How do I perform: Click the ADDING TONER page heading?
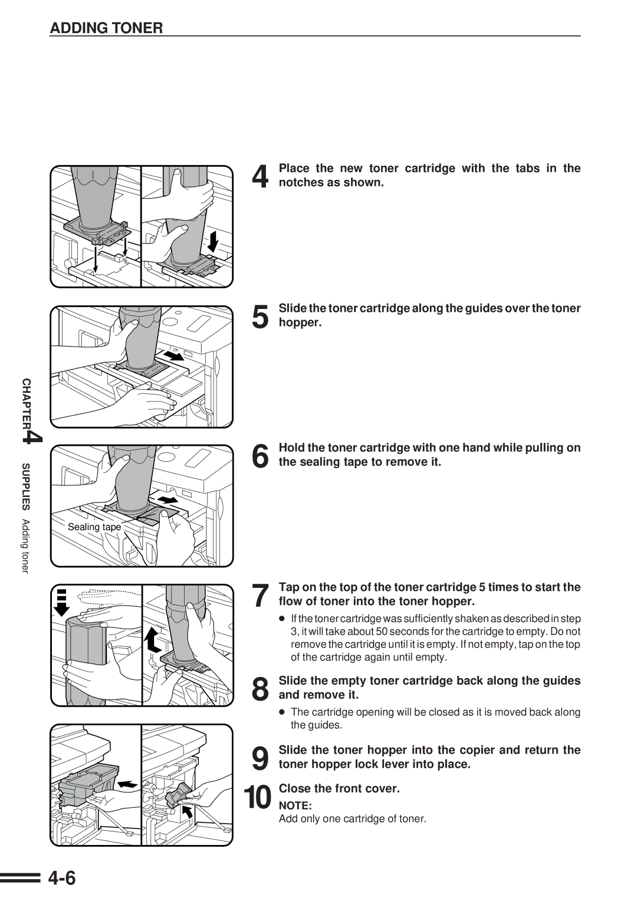(x=106, y=28)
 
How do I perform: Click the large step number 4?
(x=260, y=176)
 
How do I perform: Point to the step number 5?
(x=260, y=317)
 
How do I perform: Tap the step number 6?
(x=260, y=456)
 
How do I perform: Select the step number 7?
(x=260, y=596)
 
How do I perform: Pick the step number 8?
(x=260, y=689)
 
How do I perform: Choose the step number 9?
(x=260, y=758)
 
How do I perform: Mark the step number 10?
(x=258, y=798)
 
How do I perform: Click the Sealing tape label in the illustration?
(x=94, y=527)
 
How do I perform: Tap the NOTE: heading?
(x=295, y=805)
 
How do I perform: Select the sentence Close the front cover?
(x=339, y=788)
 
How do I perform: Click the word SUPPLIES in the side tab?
(x=26, y=486)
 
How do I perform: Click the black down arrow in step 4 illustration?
(x=213, y=241)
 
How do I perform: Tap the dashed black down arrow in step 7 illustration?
(x=62, y=602)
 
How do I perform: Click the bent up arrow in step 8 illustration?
(x=153, y=639)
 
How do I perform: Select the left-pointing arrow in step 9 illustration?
(x=127, y=784)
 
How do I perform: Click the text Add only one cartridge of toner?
(x=352, y=818)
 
